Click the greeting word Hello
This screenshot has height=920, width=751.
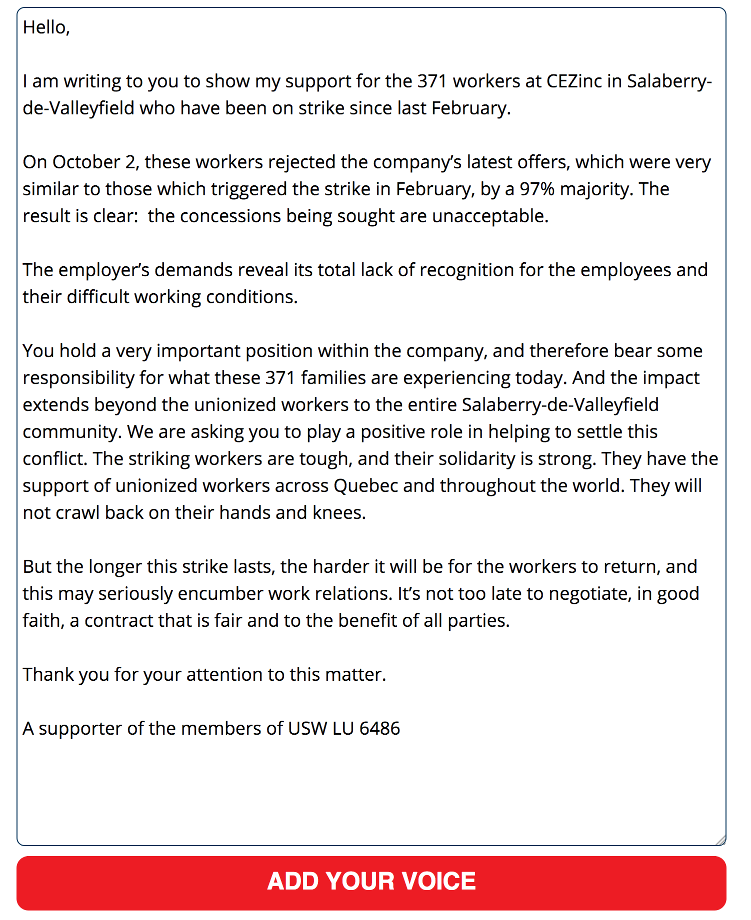[x=45, y=27]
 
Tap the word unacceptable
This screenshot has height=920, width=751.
[x=489, y=216]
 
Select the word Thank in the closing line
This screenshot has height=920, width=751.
[x=47, y=675]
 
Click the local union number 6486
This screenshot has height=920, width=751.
[x=379, y=729]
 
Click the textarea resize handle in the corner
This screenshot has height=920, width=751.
[x=720, y=840]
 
